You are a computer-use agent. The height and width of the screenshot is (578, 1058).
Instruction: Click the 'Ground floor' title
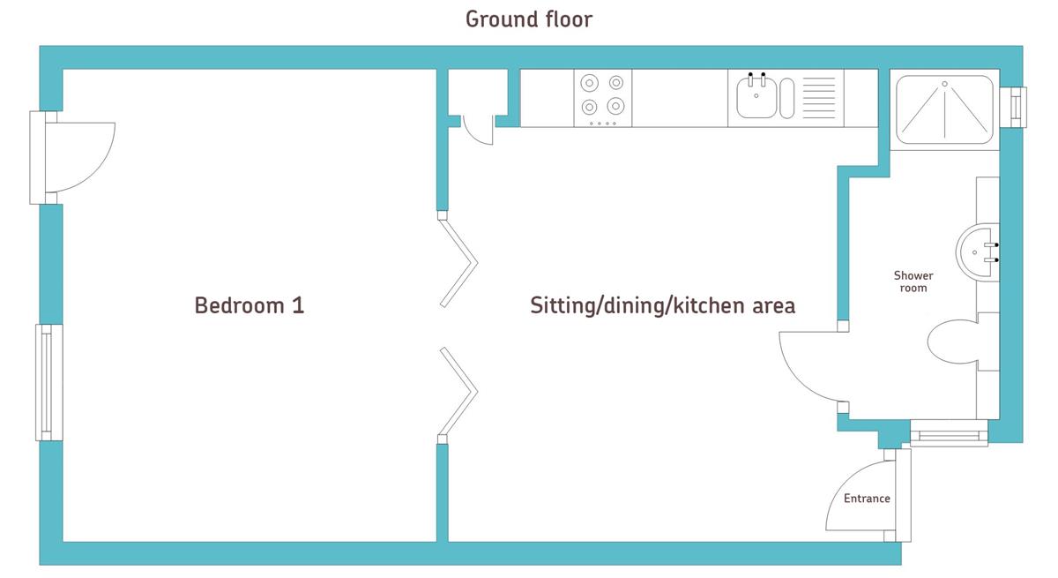click(528, 19)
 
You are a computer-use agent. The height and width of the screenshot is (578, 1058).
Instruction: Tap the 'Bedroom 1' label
click(250, 305)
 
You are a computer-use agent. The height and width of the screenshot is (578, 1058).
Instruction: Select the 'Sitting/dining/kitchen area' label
click(663, 305)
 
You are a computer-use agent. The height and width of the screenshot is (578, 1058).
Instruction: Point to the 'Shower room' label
click(913, 281)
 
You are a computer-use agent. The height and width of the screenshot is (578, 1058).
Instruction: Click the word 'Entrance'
click(867, 498)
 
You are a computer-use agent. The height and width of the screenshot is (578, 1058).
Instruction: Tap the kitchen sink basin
click(756, 97)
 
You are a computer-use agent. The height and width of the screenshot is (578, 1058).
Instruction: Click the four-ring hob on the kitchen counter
click(603, 98)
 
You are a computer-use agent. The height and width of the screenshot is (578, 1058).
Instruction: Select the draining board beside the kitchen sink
click(819, 97)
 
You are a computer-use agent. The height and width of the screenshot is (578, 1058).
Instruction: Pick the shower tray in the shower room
click(944, 109)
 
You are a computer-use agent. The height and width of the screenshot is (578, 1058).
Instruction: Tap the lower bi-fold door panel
click(458, 391)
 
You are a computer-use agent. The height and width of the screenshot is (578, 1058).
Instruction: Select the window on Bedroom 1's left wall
click(49, 382)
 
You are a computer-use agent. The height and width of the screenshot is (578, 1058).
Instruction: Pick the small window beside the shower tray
click(1013, 108)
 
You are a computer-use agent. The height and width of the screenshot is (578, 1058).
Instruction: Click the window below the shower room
click(949, 433)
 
